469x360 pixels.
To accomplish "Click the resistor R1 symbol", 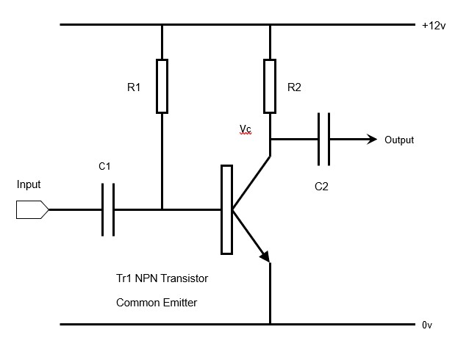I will (162, 86).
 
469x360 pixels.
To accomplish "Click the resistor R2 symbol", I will (270, 86).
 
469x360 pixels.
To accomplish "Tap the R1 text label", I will (134, 87).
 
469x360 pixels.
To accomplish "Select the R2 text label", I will (294, 87).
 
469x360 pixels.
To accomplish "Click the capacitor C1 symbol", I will (108, 210).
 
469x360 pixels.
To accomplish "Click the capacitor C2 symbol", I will (323, 139).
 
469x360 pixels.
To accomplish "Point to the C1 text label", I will (104, 167).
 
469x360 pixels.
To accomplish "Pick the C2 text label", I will (321, 187).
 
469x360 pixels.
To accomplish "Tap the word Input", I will (29, 184).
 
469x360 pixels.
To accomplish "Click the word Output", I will (399, 140).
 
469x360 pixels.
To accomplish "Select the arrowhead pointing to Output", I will (372, 139).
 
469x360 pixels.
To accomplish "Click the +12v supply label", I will (434, 25).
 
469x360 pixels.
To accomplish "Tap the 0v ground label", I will (427, 324).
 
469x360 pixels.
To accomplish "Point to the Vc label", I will (245, 129).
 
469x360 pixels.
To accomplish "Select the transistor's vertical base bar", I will (226, 209).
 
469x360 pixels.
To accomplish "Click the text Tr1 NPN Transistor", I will (162, 279).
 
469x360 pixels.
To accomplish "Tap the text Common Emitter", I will (157, 302).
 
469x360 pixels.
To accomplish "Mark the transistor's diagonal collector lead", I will (251, 181).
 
